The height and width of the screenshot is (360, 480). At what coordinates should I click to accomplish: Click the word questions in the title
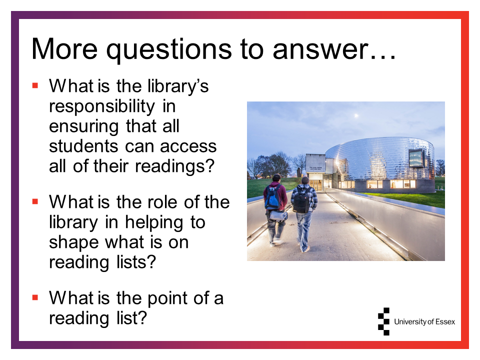coord(169,49)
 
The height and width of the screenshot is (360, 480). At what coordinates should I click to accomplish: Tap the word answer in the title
coord(320,49)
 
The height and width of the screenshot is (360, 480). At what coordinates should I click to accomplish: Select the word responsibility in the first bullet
coord(102,107)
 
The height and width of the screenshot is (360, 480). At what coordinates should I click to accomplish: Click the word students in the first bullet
coord(83,146)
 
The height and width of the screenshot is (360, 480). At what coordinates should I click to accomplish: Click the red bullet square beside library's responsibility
coord(35,85)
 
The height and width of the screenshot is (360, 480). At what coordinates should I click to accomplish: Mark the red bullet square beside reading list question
coord(35,297)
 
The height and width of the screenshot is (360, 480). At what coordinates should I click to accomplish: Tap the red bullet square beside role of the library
coord(35,201)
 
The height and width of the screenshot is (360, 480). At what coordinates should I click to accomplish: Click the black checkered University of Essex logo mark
coord(384,321)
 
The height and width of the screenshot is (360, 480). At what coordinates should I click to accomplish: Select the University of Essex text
coord(424,321)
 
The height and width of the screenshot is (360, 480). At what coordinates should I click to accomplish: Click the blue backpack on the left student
coord(273,197)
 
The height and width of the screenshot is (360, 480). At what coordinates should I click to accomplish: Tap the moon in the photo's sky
coord(356,115)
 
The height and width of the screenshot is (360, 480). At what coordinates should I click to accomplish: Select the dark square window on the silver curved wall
coord(416,158)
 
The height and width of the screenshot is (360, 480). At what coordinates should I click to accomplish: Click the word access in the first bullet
coord(188,147)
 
